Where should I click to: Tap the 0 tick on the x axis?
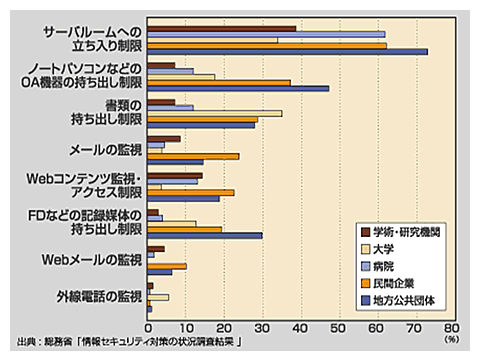(x=148, y=326)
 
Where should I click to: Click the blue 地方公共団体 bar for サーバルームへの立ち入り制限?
(x=287, y=51)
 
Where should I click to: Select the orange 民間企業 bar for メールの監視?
(x=193, y=156)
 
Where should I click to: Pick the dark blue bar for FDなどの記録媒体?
(x=204, y=235)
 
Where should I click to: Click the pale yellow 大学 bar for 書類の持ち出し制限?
(x=214, y=113)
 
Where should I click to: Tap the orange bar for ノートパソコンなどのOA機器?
(x=219, y=82)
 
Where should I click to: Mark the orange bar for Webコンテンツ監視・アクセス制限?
(x=190, y=191)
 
